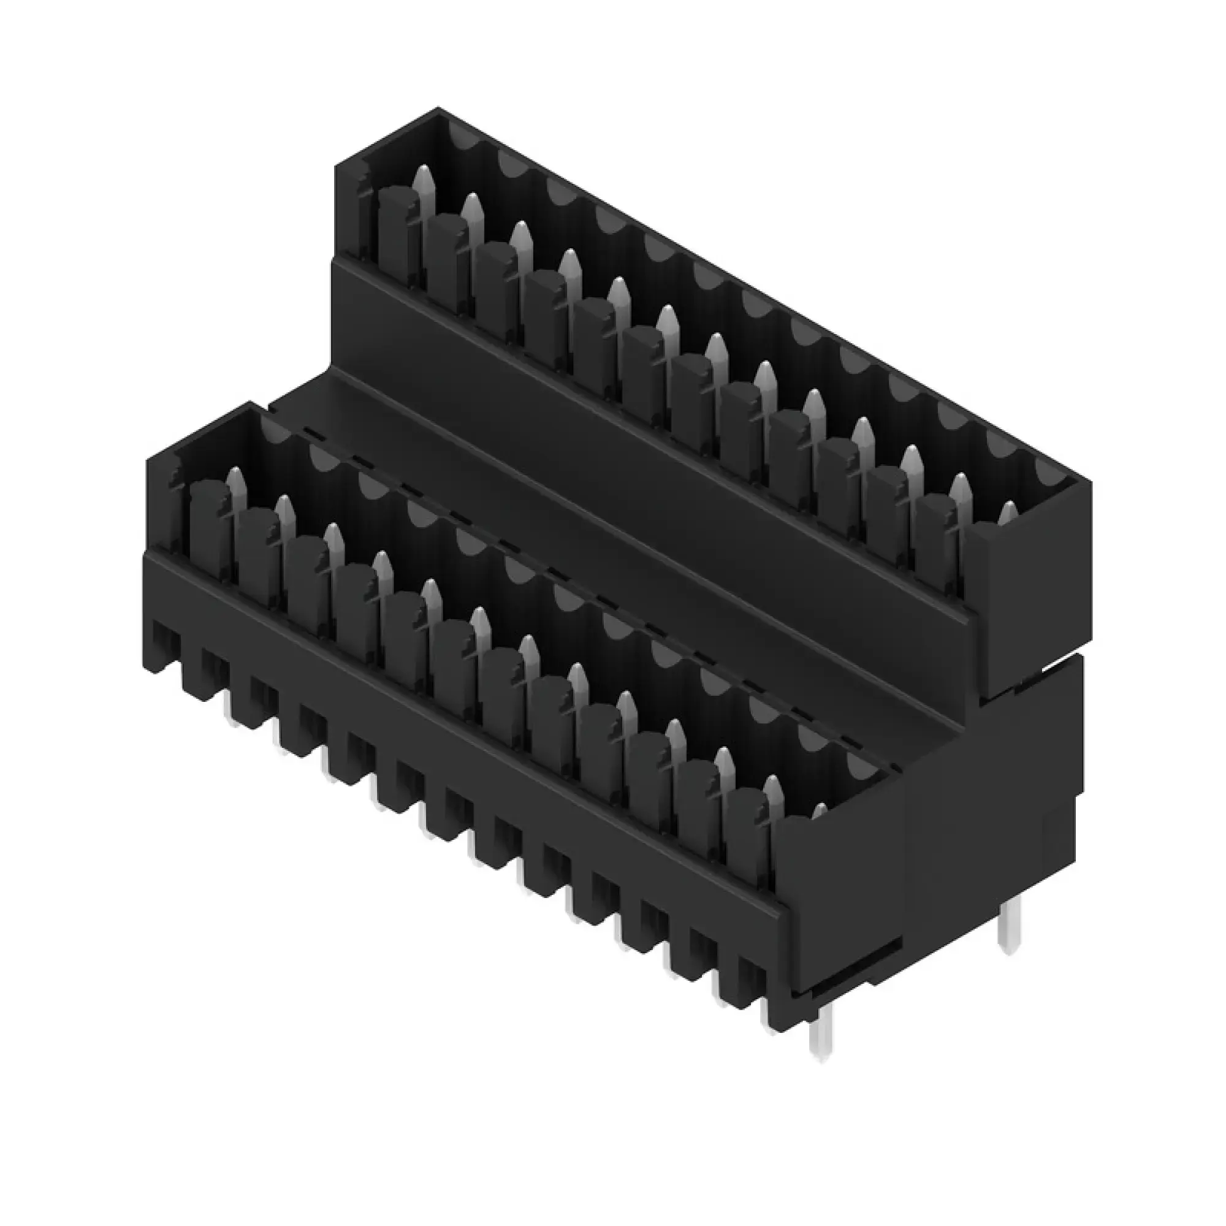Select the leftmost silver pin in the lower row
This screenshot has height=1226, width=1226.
tap(235, 485)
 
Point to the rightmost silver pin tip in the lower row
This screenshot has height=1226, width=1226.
tap(820, 811)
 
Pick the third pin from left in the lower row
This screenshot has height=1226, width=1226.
tap(332, 540)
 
